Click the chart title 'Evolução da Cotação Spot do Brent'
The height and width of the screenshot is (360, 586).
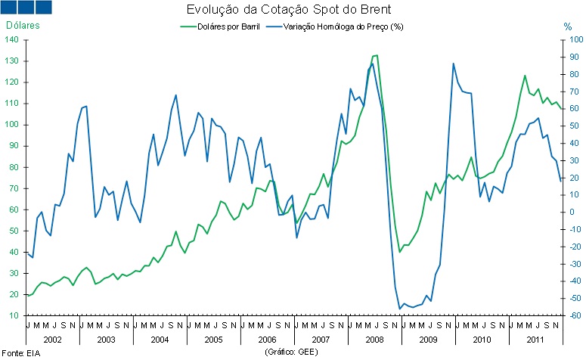(x=290, y=11)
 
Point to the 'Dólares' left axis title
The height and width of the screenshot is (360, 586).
(x=23, y=25)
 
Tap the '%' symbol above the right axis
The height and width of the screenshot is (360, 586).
(x=568, y=26)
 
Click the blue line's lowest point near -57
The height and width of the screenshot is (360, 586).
(x=399, y=309)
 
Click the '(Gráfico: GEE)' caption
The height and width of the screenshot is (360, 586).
(x=292, y=352)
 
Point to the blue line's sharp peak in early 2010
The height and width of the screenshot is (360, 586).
(x=453, y=64)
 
